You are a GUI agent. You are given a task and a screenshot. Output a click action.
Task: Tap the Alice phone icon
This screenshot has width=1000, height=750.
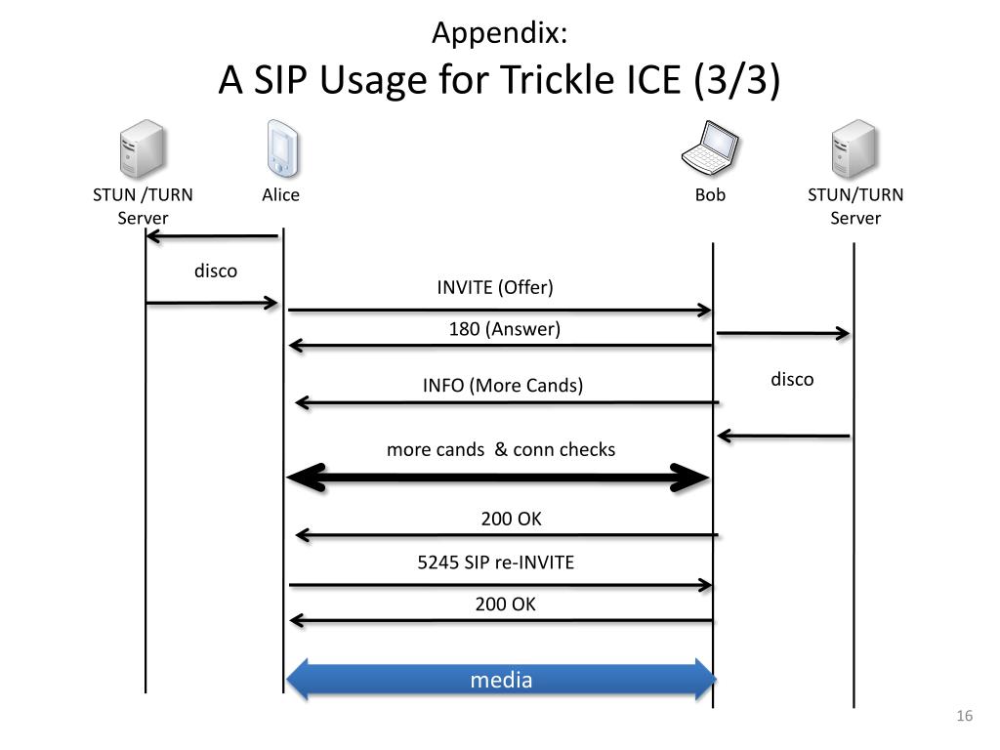(x=282, y=148)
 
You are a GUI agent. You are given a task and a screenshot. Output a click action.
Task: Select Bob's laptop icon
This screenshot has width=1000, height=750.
(x=710, y=147)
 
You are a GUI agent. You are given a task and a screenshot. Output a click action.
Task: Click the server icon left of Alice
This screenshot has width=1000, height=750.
(x=143, y=148)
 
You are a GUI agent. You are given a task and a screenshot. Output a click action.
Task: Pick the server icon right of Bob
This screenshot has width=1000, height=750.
(x=854, y=148)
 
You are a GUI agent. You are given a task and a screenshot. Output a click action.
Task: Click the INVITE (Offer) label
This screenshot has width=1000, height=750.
(x=495, y=288)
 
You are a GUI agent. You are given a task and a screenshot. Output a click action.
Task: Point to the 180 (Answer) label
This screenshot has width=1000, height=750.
(x=505, y=329)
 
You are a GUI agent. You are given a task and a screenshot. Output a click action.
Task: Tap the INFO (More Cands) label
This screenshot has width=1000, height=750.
(x=503, y=385)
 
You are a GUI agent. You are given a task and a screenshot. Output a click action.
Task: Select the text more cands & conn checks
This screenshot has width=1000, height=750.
(x=501, y=449)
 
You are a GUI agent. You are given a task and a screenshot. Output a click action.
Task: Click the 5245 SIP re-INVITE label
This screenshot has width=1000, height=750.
(x=495, y=562)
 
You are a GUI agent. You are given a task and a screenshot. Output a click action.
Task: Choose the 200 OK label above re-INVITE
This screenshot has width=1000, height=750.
(x=511, y=519)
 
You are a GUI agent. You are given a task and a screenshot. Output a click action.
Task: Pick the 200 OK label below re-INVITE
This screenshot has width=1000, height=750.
(x=505, y=604)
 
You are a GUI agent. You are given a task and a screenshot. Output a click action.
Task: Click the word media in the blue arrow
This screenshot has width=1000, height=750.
(x=501, y=680)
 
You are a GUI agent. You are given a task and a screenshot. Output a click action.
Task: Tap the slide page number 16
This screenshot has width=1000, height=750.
(x=964, y=716)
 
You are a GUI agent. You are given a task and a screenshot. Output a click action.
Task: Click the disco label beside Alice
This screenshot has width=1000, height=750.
(x=216, y=271)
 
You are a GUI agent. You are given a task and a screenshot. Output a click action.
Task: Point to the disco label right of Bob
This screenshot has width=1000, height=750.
(x=792, y=380)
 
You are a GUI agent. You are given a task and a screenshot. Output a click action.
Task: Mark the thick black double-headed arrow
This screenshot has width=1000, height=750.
(x=498, y=478)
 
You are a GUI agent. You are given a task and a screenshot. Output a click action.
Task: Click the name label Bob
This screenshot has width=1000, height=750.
(x=710, y=194)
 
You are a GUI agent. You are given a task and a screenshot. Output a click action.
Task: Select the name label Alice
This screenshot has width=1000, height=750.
(x=280, y=194)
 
